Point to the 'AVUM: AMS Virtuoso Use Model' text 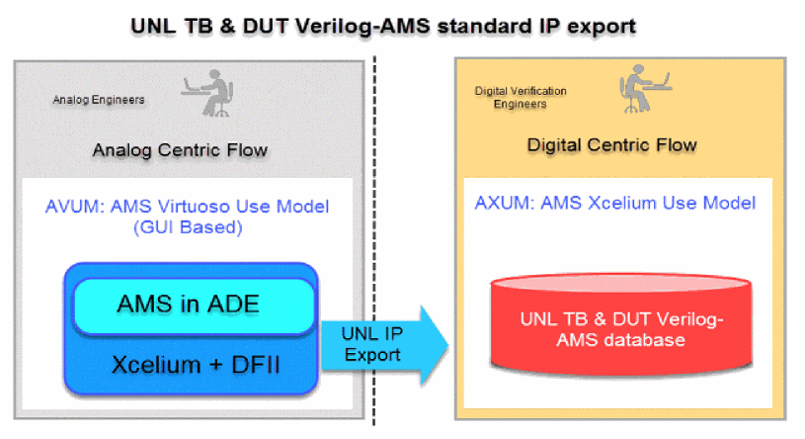click(x=187, y=207)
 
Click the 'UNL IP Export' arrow click(x=381, y=341)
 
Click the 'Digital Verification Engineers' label click(x=521, y=97)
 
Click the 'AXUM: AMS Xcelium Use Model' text click(x=614, y=203)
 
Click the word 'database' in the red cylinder click(x=622, y=340)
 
